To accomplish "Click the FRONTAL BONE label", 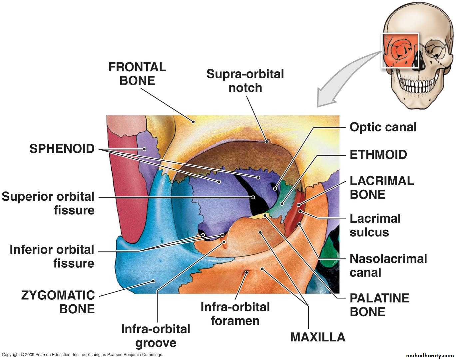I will (137, 74).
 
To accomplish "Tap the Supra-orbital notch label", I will (245, 81).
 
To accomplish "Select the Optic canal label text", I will (383, 127).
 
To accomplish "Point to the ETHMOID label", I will (378, 155).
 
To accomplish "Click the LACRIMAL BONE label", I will (382, 188).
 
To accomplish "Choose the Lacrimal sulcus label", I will (375, 225).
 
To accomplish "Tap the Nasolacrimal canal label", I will (388, 266).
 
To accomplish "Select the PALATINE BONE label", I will (379, 305).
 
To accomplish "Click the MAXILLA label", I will (318, 337).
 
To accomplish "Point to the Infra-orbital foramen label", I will (235, 314).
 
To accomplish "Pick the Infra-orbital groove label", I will (156, 336).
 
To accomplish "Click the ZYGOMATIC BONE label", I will (58, 302).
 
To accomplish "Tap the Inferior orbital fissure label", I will (52, 256).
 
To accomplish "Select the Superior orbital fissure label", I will (48, 203).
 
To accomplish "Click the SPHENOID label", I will (62, 149).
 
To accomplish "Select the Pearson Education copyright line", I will (82, 355).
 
